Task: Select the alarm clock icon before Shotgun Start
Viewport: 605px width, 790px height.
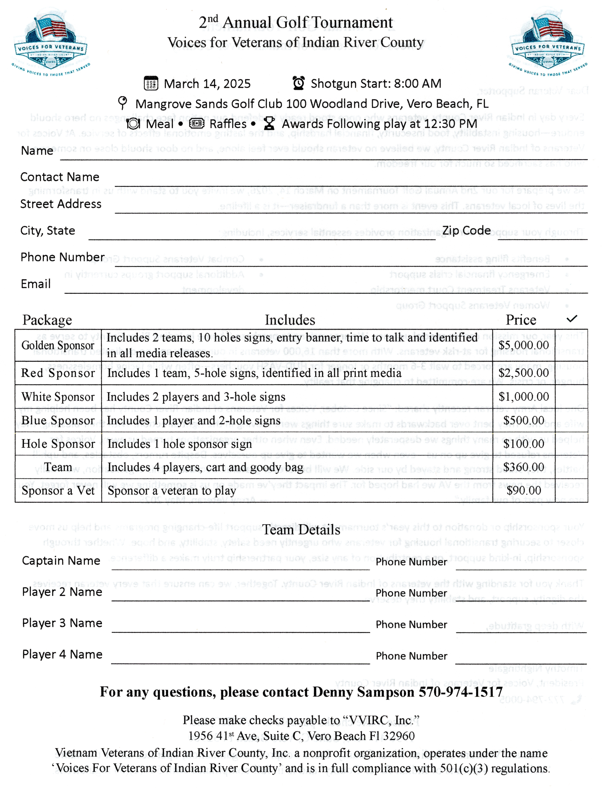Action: point(298,83)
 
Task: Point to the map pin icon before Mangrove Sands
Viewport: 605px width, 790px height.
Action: point(122,103)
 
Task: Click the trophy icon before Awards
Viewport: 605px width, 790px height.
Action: point(269,124)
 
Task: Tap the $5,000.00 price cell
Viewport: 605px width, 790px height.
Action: point(524,345)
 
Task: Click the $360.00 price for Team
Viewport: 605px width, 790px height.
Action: point(524,467)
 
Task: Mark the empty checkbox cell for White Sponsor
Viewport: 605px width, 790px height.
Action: point(571,397)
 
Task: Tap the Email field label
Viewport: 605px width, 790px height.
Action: point(36,284)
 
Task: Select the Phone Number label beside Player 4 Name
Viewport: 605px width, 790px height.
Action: point(411,656)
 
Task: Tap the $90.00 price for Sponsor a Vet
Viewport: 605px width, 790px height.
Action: point(524,490)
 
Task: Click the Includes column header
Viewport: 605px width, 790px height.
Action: point(290,320)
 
